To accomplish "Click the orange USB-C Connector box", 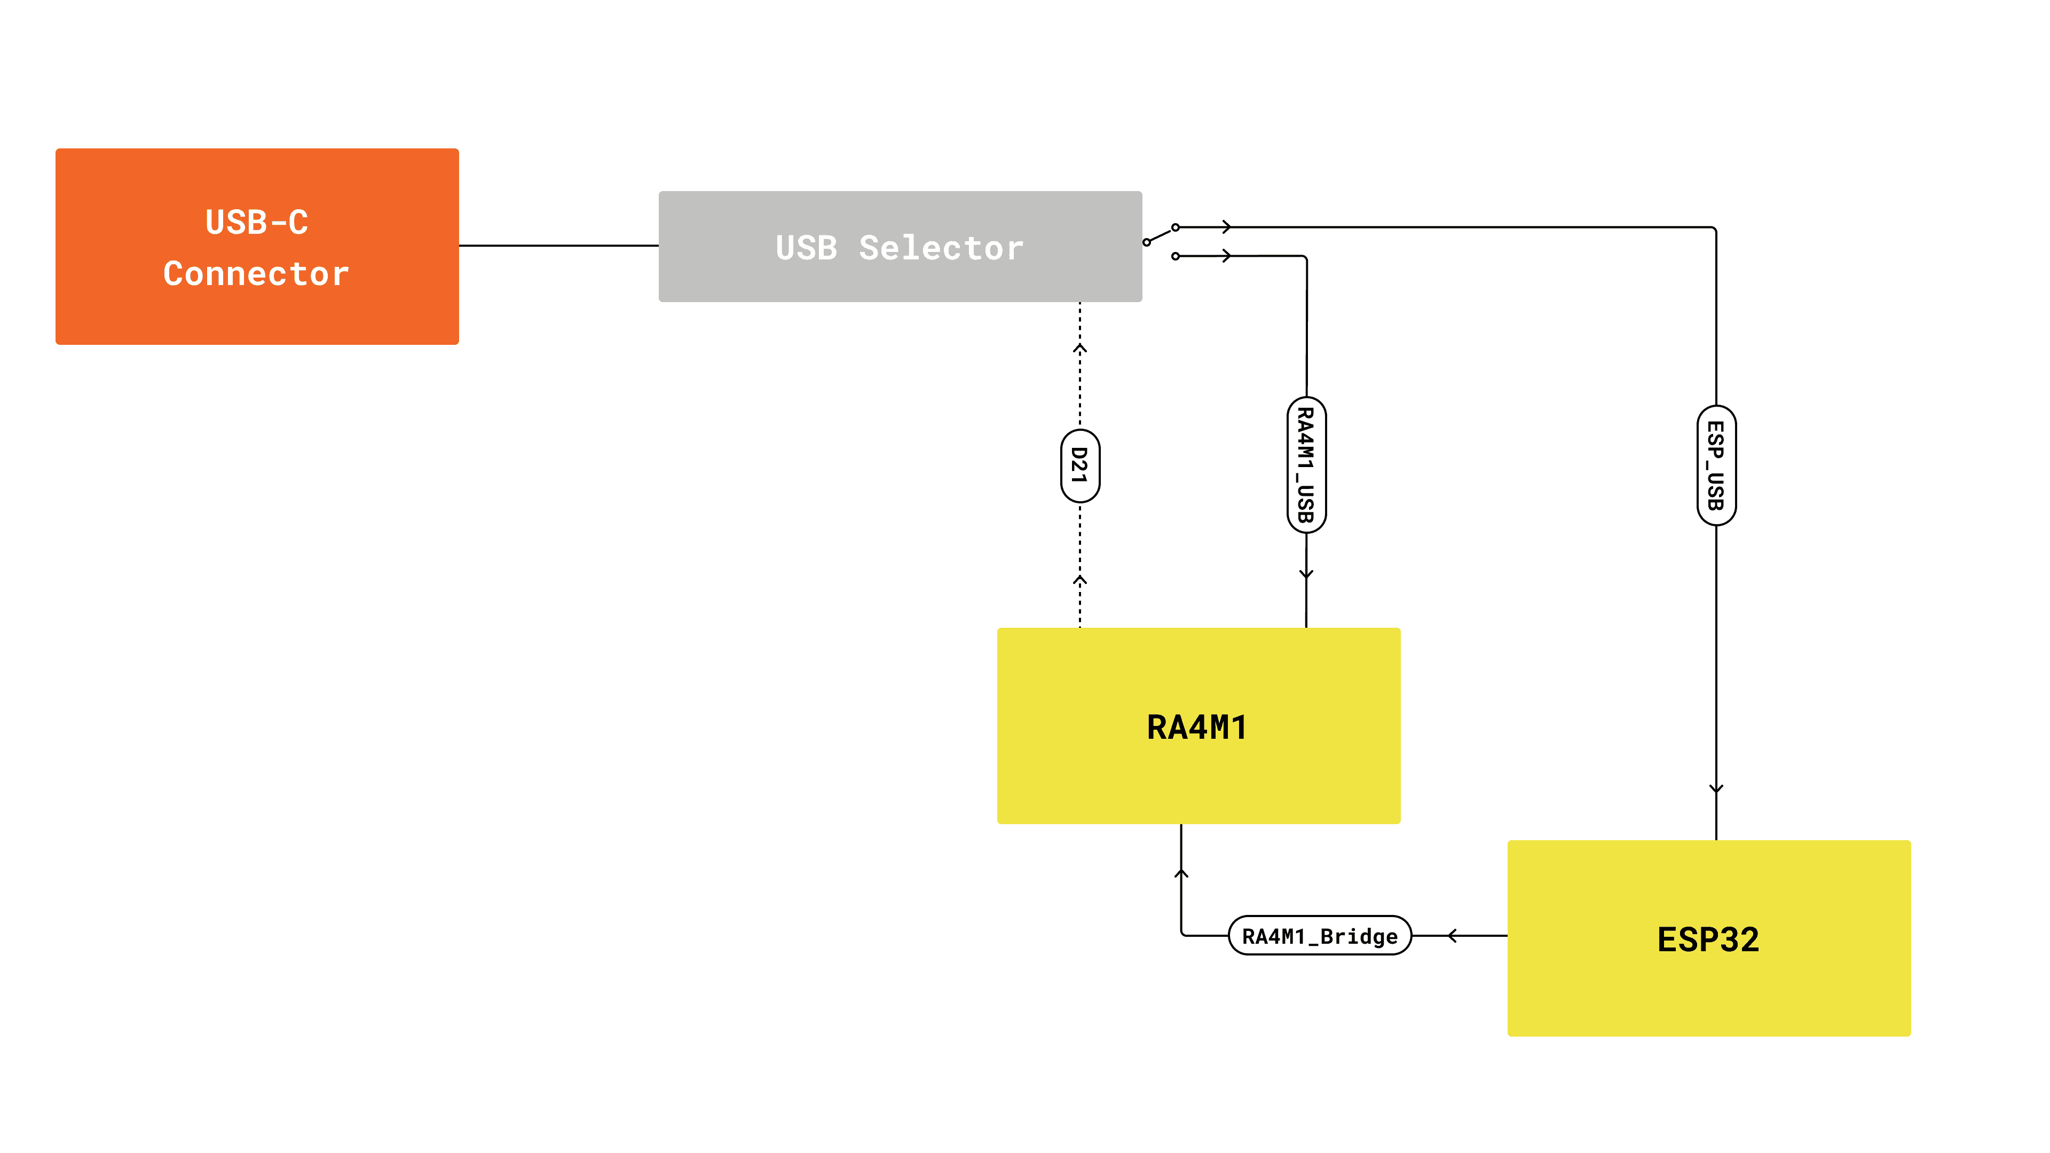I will coord(256,246).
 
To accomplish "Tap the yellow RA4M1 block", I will coord(1197,726).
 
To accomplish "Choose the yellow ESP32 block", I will coord(1708,938).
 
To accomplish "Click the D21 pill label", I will coord(1080,465).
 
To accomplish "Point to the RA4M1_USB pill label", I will coord(1306,465).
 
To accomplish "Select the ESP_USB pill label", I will coord(1716,465).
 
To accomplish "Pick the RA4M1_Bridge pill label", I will coord(1320,936).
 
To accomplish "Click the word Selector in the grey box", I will coord(941,248).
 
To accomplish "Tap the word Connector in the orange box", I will coord(256,274).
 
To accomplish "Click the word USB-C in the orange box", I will coord(256,222).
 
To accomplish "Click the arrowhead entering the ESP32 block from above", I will coord(1716,788).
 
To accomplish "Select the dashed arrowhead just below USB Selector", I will coord(1080,349).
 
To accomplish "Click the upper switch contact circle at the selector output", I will coord(1176,227).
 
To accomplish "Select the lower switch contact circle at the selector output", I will coord(1176,256).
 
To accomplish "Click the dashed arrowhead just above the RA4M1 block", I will coord(1080,581).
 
